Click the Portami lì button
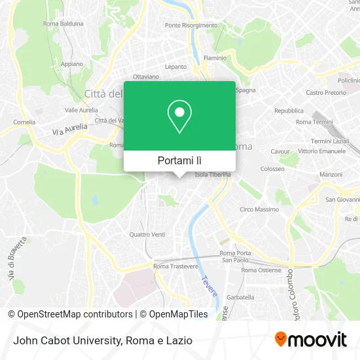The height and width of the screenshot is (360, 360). pyautogui.click(x=179, y=160)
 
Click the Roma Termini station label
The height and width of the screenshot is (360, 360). pyautogui.click(x=314, y=122)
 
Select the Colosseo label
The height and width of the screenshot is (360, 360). pyautogui.click(x=272, y=168)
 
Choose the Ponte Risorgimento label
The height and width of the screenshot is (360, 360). pyautogui.click(x=191, y=25)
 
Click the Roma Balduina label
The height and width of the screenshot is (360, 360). pyautogui.click(x=63, y=24)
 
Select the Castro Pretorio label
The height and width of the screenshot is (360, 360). pyautogui.click(x=325, y=93)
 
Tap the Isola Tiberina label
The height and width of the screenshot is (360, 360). pyautogui.click(x=210, y=175)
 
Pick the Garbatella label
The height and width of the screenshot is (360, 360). pyautogui.click(x=240, y=297)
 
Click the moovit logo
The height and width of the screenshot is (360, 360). pyautogui.click(x=310, y=339)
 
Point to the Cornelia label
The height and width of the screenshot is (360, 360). pyautogui.click(x=24, y=122)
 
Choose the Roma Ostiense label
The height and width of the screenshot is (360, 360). pyautogui.click(x=261, y=270)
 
